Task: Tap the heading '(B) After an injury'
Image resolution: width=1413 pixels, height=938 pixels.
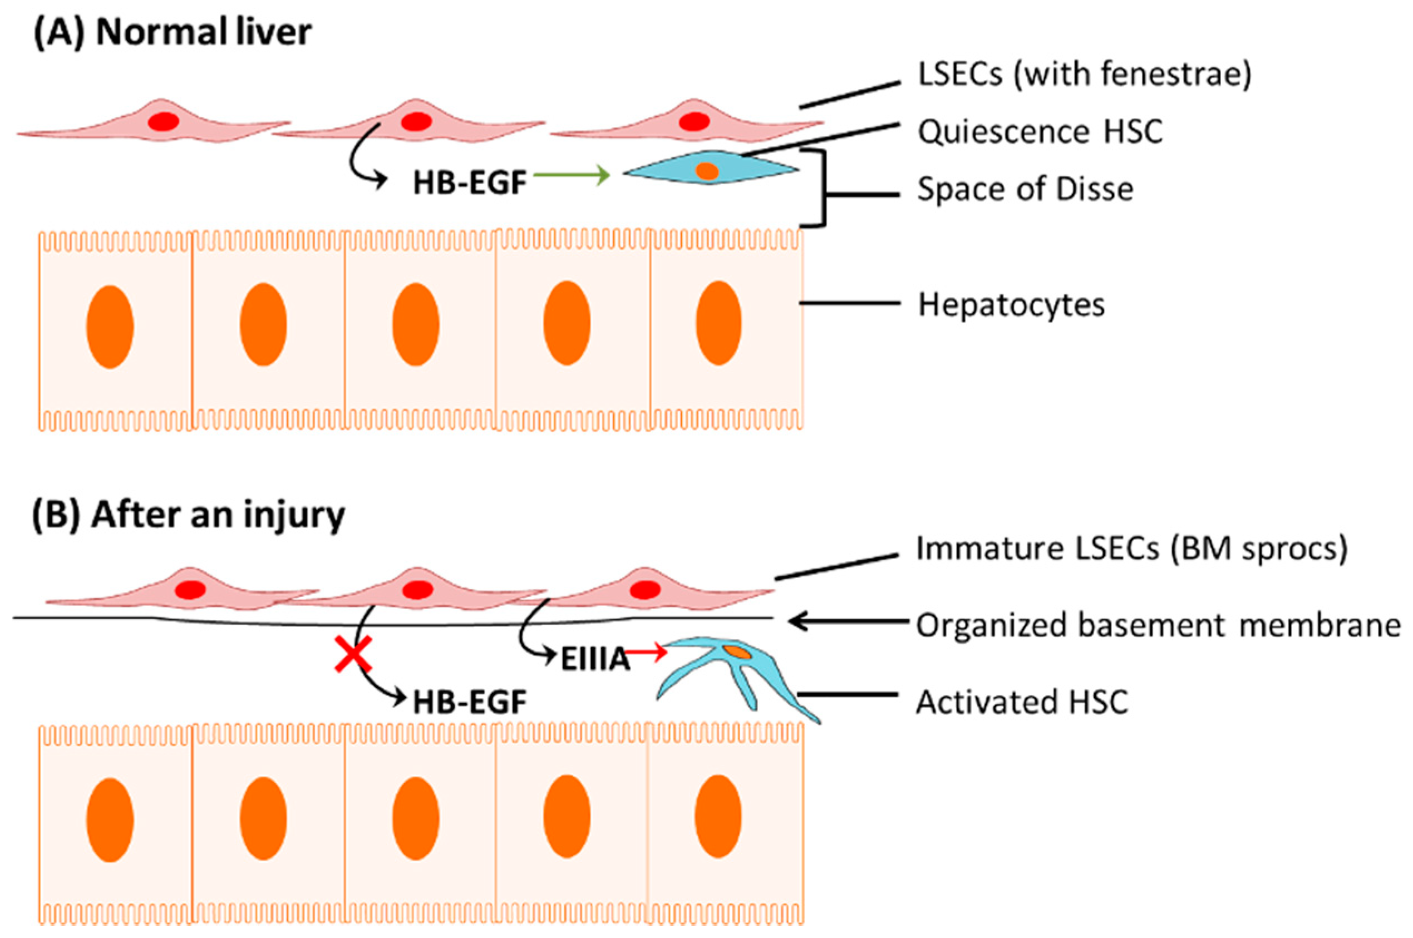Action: pyautogui.click(x=189, y=515)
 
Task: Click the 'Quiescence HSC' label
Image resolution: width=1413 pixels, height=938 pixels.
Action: pyautogui.click(x=1040, y=132)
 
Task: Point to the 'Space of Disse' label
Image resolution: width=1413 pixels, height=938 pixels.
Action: pyautogui.click(x=1025, y=189)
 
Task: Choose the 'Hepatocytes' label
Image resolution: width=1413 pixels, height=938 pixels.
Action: pyautogui.click(x=1011, y=304)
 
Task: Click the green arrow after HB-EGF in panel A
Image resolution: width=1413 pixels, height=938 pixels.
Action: pyautogui.click(x=572, y=175)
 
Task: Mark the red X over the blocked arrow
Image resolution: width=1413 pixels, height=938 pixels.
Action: pyautogui.click(x=353, y=654)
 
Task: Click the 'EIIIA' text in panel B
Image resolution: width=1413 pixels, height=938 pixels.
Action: pyautogui.click(x=593, y=660)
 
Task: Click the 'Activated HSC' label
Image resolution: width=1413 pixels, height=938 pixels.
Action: pyautogui.click(x=1022, y=702)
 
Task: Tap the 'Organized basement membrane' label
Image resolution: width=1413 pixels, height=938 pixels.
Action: pyautogui.click(x=1158, y=626)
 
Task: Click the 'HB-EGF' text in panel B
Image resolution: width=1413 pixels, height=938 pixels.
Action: pyautogui.click(x=470, y=702)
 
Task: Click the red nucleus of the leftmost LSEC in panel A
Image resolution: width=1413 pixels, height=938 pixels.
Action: pyautogui.click(x=163, y=122)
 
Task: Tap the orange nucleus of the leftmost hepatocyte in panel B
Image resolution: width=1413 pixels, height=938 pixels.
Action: pyautogui.click(x=110, y=819)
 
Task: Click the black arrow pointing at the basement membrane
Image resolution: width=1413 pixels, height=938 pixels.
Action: pyautogui.click(x=849, y=622)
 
